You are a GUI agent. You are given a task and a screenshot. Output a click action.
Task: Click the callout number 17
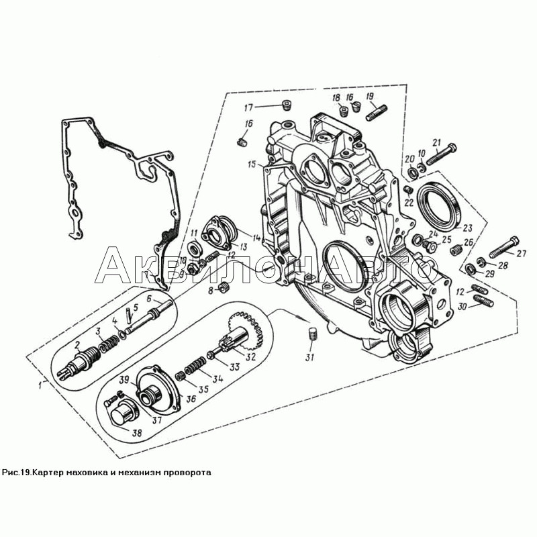248,108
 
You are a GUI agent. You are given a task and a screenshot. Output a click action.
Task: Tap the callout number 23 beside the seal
467,228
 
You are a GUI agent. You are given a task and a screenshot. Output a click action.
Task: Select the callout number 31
309,357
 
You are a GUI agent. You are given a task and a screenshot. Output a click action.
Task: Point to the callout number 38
137,433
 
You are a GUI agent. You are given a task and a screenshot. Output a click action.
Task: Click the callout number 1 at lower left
41,385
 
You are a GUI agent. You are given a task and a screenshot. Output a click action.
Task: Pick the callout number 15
252,164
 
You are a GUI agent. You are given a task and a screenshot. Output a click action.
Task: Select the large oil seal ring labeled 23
440,205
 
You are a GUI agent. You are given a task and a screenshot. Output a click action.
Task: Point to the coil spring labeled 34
195,365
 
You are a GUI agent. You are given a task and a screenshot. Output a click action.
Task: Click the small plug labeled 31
311,334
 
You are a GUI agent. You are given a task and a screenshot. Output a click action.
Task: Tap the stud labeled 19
377,113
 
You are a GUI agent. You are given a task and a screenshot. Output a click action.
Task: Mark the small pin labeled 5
128,315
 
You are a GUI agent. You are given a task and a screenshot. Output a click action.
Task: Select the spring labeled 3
109,344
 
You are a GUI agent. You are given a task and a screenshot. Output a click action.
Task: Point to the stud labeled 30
483,301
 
